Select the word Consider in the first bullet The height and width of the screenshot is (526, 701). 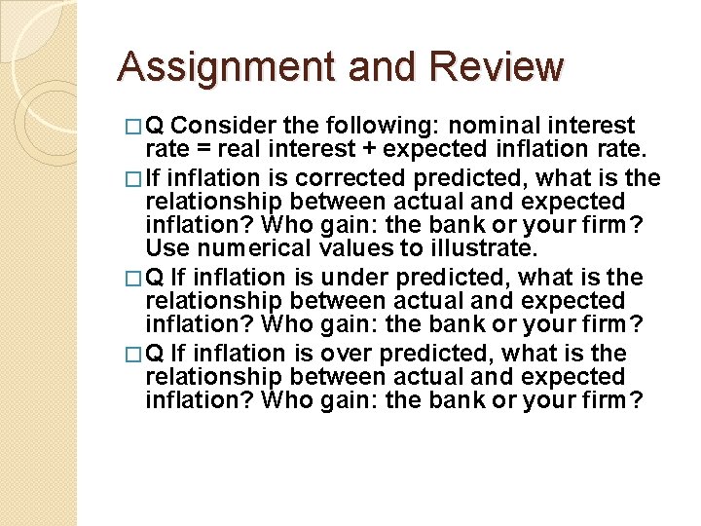(x=224, y=126)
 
